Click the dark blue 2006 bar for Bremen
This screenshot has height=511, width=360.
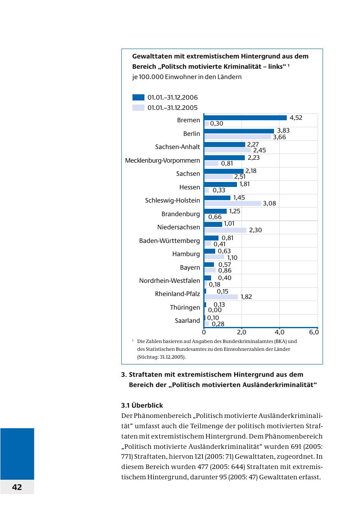[x=245, y=118]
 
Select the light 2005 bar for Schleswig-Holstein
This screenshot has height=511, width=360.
[x=233, y=203]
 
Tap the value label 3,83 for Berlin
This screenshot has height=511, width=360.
[x=283, y=131]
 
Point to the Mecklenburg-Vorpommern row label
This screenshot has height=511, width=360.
[x=163, y=160]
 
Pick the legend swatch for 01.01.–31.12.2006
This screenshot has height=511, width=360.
[x=138, y=98]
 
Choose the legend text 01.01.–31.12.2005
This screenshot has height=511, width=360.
[x=172, y=108]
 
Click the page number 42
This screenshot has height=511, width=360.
[x=17, y=487]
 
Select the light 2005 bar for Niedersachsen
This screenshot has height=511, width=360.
[x=225, y=230]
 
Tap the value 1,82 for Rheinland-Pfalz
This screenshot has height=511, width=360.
[x=246, y=297]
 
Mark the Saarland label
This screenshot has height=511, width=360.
[x=187, y=320]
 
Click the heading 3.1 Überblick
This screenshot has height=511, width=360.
[x=142, y=405]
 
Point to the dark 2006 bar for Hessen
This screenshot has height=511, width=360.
[x=221, y=184]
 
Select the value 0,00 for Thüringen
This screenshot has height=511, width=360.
[x=214, y=310]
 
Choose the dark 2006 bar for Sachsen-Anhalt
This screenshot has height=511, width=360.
[x=225, y=145]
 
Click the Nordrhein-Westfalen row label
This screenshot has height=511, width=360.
[x=170, y=281]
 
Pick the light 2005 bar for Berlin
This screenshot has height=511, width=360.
[x=238, y=137]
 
